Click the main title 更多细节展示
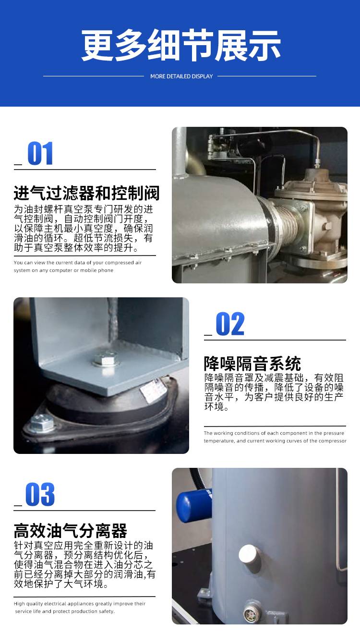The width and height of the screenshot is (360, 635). point(180,45)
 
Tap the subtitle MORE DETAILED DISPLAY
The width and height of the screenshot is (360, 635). point(181,76)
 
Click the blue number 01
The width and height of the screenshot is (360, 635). point(40,153)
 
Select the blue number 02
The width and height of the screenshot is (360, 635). point(230,324)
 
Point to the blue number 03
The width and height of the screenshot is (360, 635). point(40,494)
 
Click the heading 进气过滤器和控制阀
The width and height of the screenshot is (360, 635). point(87,193)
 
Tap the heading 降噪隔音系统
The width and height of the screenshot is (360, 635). point(252,364)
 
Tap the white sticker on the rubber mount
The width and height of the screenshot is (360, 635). point(153,389)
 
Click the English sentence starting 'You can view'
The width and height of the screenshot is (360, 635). point(78,267)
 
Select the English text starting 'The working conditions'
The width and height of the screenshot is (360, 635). point(275,437)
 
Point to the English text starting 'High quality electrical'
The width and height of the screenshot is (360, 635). point(80,608)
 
